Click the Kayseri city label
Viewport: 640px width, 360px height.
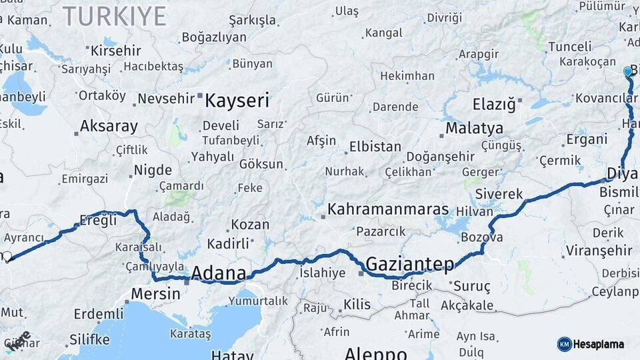click(x=237, y=101)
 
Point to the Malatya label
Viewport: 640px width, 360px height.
click(x=474, y=128)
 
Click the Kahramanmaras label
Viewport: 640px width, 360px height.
click(x=388, y=209)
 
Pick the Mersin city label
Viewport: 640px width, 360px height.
click(x=155, y=293)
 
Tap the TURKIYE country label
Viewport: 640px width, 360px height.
click(x=114, y=16)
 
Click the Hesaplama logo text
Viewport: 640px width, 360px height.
click(x=599, y=344)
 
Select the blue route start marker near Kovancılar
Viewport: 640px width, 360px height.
click(x=627, y=71)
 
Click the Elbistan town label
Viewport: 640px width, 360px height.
click(x=376, y=147)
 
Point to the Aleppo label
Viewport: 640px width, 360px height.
click(x=375, y=353)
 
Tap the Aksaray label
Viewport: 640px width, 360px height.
click(x=109, y=126)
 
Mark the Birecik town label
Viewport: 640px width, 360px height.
click(x=411, y=285)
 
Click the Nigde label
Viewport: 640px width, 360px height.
click(x=153, y=170)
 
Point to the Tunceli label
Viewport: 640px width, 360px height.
click(x=569, y=47)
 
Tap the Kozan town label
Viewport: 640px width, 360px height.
click(x=250, y=225)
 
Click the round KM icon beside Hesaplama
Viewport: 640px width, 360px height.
click(x=564, y=344)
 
